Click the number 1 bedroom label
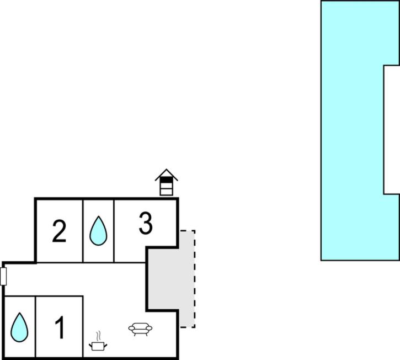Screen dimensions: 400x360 (x=60, y=327)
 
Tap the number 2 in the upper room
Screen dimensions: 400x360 (x=59, y=231)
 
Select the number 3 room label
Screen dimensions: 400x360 (x=146, y=223)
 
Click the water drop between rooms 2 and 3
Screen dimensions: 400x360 (x=98, y=231)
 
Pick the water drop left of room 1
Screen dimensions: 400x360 (x=19, y=327)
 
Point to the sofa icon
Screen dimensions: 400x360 (x=140, y=329)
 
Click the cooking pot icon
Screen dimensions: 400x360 (x=98, y=346)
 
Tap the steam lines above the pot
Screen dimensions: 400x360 (x=98, y=336)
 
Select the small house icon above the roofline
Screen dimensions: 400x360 (x=166, y=182)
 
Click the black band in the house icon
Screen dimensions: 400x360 (x=166, y=180)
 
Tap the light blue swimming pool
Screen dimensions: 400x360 (x=352, y=130)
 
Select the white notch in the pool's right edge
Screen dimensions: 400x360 (x=392, y=130)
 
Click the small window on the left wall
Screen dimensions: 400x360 (x=3, y=276)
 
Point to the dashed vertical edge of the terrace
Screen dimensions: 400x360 (x=195, y=279)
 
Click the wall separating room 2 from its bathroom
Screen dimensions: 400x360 (x=83, y=231)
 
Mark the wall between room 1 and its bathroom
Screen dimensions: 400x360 (x=35, y=327)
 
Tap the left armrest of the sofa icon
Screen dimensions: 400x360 (x=131, y=328)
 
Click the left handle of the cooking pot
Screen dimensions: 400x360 (x=90, y=346)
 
